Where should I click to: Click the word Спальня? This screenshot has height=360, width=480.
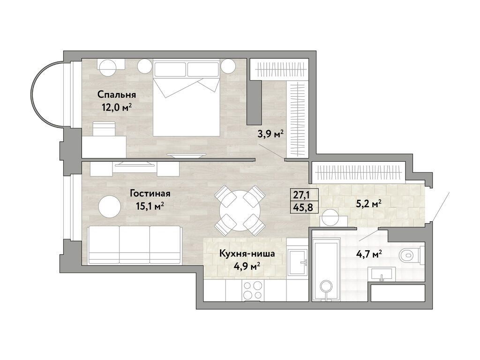click(x=113, y=95)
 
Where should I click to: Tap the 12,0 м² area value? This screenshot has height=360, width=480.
click(x=116, y=107)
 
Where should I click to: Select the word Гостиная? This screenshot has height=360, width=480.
click(x=150, y=193)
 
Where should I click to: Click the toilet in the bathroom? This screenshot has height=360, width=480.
click(x=410, y=256)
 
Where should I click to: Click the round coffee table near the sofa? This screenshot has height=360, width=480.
click(x=109, y=206)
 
